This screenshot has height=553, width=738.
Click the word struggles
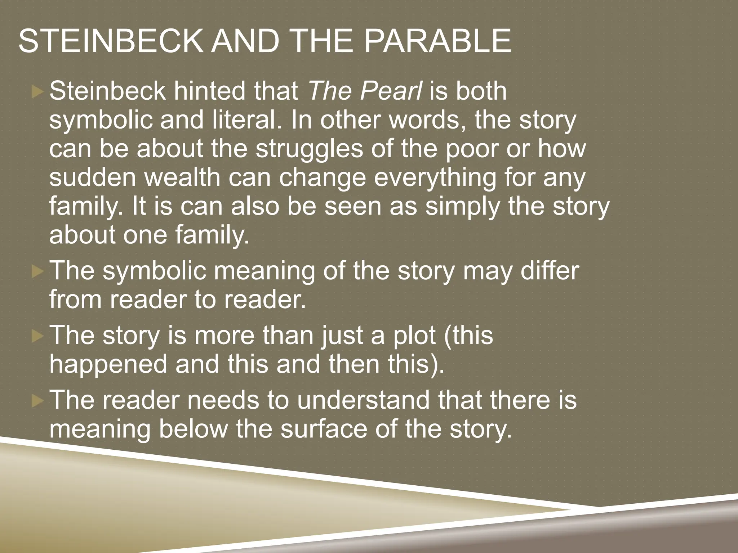pyautogui.click(x=309, y=149)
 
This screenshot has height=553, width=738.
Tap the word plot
pyautogui.click(x=414, y=335)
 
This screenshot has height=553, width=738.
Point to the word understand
pyautogui.click(x=364, y=400)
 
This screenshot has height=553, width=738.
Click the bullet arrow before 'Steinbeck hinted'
pyautogui.click(x=37, y=92)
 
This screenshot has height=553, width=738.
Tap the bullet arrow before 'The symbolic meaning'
pyautogui.click(x=37, y=272)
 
